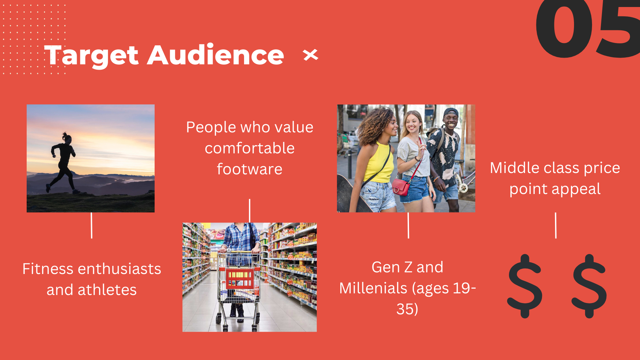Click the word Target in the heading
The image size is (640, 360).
pyautogui.click(x=91, y=55)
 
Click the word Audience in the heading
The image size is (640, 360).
pyautogui.click(x=216, y=54)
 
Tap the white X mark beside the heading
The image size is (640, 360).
pyautogui.click(x=311, y=55)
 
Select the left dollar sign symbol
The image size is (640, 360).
pyautogui.click(x=525, y=286)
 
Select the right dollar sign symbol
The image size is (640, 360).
pyautogui.click(x=589, y=286)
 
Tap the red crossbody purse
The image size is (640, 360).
pyautogui.click(x=401, y=187)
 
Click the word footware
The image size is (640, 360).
pyautogui.click(x=250, y=169)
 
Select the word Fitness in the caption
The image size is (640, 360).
pyautogui.click(x=48, y=269)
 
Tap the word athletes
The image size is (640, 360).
pyautogui.click(x=107, y=290)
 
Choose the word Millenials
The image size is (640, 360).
pyautogui.click(x=373, y=288)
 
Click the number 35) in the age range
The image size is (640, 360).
pyautogui.click(x=407, y=309)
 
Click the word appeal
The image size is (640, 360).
pyautogui.click(x=576, y=189)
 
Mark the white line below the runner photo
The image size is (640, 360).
pyautogui.click(x=91, y=226)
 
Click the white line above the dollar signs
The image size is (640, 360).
pyautogui.click(x=556, y=226)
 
